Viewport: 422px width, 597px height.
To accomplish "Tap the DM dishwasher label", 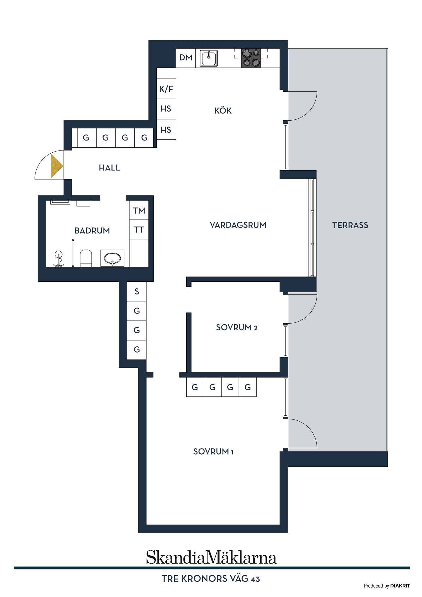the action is pyautogui.click(x=186, y=58).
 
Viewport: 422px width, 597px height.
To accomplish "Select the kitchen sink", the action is pyautogui.click(x=209, y=58).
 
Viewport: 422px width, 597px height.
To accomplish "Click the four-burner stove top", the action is pyautogui.click(x=251, y=58).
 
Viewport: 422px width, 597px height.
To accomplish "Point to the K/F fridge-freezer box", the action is pyautogui.click(x=166, y=89).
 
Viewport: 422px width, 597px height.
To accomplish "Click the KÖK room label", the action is pyautogui.click(x=223, y=110).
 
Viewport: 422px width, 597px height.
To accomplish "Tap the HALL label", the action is pyautogui.click(x=109, y=168).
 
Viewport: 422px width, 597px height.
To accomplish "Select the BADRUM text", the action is pyautogui.click(x=92, y=231).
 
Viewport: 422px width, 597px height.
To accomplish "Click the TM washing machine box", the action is pyautogui.click(x=139, y=211).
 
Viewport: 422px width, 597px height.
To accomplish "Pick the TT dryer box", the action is pyautogui.click(x=139, y=229).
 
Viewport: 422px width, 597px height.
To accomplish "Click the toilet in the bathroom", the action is pyautogui.click(x=86, y=258).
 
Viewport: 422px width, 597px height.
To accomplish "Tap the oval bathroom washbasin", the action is pyautogui.click(x=112, y=258).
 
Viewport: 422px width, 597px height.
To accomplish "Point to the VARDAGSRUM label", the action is pyautogui.click(x=238, y=225).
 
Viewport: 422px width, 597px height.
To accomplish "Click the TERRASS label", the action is pyautogui.click(x=350, y=225).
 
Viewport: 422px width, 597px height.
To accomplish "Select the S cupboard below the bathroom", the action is pyautogui.click(x=137, y=291).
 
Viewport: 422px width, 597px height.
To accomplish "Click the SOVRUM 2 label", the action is pyautogui.click(x=237, y=327).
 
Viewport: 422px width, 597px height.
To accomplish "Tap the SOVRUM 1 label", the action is pyautogui.click(x=213, y=451).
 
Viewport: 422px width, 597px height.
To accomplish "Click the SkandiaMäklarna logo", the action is pyautogui.click(x=211, y=557).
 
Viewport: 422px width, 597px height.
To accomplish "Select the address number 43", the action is pyautogui.click(x=255, y=579).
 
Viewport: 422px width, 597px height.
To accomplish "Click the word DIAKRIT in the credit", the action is pyautogui.click(x=400, y=586).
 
